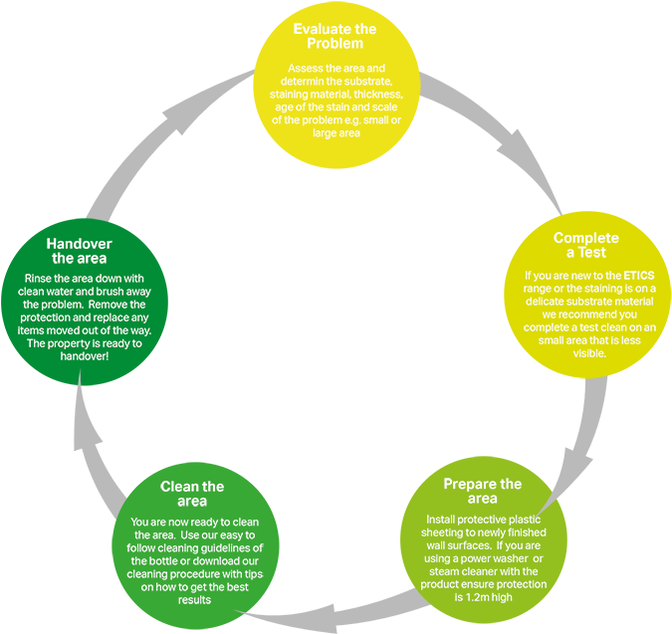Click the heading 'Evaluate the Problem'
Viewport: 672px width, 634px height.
pos(335,36)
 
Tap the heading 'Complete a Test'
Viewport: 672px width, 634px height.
pos(585,245)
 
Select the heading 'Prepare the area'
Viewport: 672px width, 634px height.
pos(482,491)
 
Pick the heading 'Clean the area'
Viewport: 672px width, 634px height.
pos(192,494)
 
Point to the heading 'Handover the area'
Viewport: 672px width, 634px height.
pos(79,251)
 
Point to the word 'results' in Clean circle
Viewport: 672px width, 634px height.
pos(192,600)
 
